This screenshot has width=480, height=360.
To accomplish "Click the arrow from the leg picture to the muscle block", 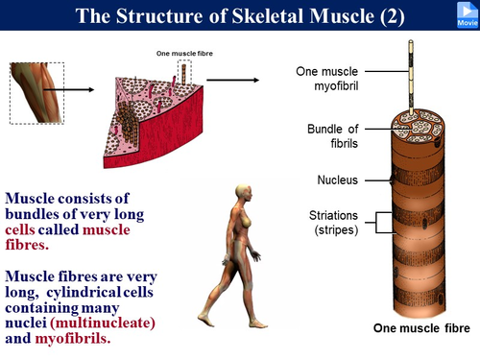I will point(75,91).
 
